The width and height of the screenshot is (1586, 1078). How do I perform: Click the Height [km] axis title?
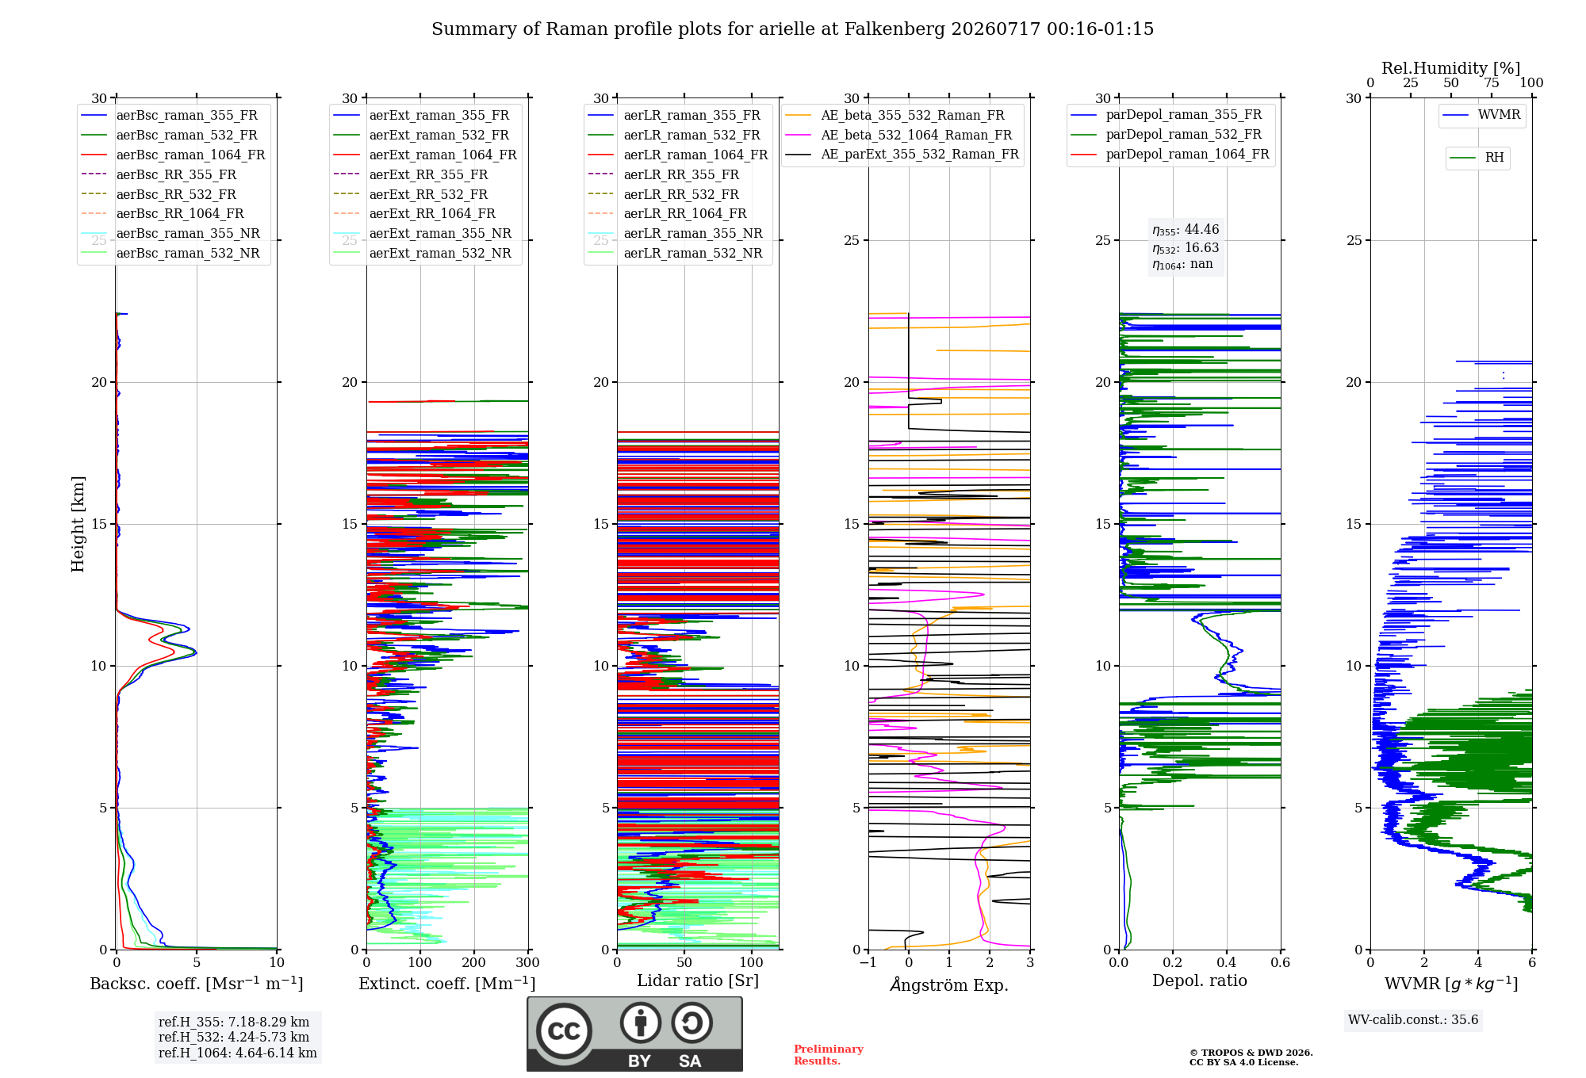tap(78, 524)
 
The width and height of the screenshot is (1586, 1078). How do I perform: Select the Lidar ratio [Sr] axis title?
tap(698, 981)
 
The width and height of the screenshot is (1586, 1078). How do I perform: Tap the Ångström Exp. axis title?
tap(949, 984)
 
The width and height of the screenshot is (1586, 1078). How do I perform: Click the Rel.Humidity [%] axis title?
tap(1451, 68)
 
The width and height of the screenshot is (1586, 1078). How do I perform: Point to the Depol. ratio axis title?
tap(1200, 981)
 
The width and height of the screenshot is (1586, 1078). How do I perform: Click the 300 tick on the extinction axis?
tap(528, 963)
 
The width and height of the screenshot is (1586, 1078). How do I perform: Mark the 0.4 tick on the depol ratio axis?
tap(1227, 963)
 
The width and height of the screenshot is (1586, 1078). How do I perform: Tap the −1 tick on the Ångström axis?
tap(868, 963)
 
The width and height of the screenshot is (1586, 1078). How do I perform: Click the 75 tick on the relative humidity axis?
tap(1492, 83)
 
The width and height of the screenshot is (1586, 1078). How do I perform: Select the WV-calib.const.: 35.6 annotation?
tap(1413, 1020)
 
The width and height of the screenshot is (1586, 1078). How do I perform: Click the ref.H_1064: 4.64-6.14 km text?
tap(238, 1053)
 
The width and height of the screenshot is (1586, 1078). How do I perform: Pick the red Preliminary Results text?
tap(829, 1055)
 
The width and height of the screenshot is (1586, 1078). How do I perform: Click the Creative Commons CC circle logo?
tap(565, 1031)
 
